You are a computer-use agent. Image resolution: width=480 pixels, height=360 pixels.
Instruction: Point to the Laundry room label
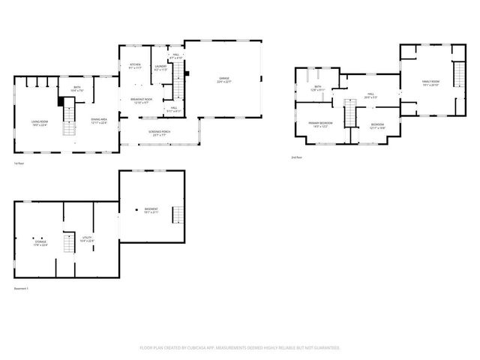(160, 66)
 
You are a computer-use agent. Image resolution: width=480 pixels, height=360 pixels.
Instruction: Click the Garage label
(224, 78)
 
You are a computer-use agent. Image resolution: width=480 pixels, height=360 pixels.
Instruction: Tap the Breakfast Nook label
(141, 100)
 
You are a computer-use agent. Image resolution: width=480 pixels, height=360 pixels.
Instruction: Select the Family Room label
(430, 82)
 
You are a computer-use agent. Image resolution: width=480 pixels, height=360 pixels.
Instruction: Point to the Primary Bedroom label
(321, 124)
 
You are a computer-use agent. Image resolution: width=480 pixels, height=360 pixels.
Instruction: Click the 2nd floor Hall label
(370, 95)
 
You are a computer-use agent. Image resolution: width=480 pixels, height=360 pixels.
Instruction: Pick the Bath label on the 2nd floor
(317, 88)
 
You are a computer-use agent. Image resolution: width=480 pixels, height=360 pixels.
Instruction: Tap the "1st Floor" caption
(20, 163)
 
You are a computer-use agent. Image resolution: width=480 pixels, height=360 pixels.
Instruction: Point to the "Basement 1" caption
(21, 289)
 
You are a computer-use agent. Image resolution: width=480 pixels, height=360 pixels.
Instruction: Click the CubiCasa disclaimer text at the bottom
(240, 348)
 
